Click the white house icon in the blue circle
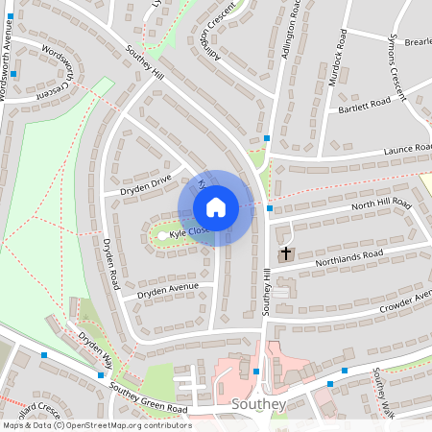216,207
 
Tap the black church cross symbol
284,254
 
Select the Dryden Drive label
146,183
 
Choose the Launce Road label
408,149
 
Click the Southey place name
259,404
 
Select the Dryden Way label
95,349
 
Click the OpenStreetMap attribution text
96,425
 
